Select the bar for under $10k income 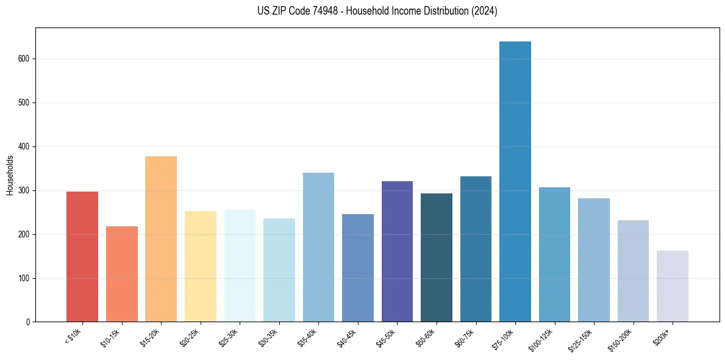pyautogui.click(x=82, y=257)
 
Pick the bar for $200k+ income pyautogui.click(x=672, y=286)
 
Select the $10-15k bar pyautogui.click(x=121, y=274)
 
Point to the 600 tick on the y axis pyautogui.click(x=24, y=59)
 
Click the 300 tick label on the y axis pyautogui.click(x=24, y=190)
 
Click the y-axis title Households pyautogui.click(x=10, y=175)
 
